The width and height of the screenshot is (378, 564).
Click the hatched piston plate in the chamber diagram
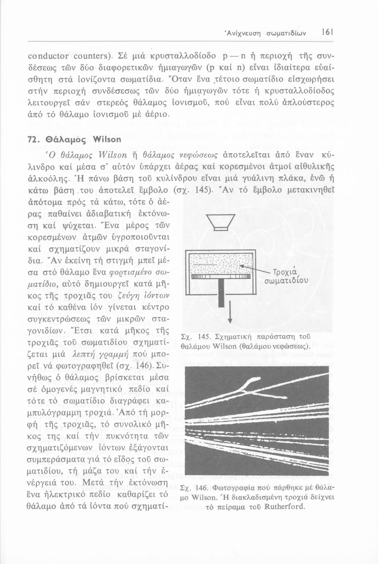(221, 276)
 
